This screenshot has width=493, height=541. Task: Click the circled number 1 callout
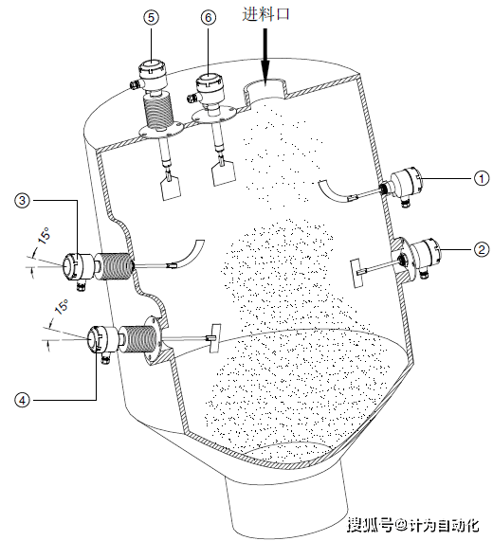click(x=482, y=179)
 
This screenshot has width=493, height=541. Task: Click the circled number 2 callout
click(x=482, y=249)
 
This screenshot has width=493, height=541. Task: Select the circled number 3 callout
click(x=23, y=200)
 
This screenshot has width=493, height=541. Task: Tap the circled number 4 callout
click(x=23, y=400)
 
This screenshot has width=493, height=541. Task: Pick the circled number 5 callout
click(x=151, y=17)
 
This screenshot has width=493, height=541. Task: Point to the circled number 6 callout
click(x=209, y=17)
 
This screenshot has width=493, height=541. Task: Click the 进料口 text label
click(x=265, y=14)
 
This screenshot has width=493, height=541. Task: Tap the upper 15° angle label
click(x=45, y=235)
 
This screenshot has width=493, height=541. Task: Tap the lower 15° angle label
click(x=62, y=306)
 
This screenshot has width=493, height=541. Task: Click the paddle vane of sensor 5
click(x=171, y=187)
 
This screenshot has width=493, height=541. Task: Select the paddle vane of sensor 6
click(x=223, y=174)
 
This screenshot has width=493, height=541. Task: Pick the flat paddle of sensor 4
click(x=215, y=338)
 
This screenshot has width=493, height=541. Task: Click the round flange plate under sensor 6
click(x=216, y=116)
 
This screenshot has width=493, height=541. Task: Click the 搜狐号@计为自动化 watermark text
click(x=413, y=526)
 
